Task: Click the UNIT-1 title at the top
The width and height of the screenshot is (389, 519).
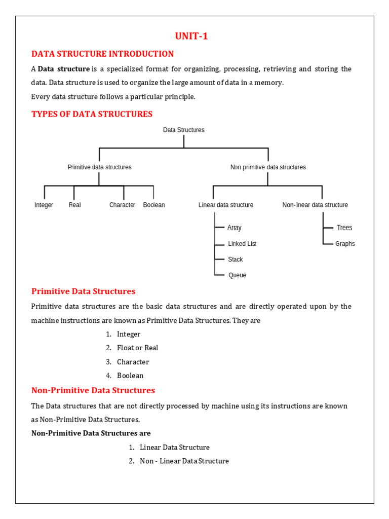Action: click(x=191, y=36)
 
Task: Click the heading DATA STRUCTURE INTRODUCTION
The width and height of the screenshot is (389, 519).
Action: click(x=102, y=54)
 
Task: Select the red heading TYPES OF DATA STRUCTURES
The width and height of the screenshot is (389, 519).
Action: click(x=92, y=114)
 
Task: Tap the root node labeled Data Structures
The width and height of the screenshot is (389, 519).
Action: click(x=184, y=130)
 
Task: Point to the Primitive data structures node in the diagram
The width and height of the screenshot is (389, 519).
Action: click(x=99, y=167)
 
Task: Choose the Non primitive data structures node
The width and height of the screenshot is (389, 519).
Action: click(x=268, y=167)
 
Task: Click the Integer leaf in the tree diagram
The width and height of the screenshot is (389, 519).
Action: click(x=44, y=205)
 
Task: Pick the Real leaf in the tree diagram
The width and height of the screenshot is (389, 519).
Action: click(x=74, y=205)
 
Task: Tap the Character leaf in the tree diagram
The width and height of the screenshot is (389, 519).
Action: click(x=122, y=205)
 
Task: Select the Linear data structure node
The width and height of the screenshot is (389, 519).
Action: click(x=226, y=205)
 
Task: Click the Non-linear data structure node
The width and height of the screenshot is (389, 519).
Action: click(x=315, y=205)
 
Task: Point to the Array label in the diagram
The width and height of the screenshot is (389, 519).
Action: click(x=235, y=228)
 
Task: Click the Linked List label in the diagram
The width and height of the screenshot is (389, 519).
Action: click(x=242, y=244)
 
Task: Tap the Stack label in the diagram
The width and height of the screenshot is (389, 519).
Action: click(x=236, y=259)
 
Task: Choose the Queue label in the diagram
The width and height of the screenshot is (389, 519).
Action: click(x=237, y=275)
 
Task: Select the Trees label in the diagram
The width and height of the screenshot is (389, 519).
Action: click(x=344, y=228)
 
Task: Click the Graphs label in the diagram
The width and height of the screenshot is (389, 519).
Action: click(x=345, y=244)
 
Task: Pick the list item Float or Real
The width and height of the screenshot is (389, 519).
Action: click(x=137, y=348)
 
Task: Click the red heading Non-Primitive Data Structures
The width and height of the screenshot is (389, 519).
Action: click(x=93, y=390)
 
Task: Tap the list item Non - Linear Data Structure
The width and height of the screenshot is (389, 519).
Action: click(x=184, y=461)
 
